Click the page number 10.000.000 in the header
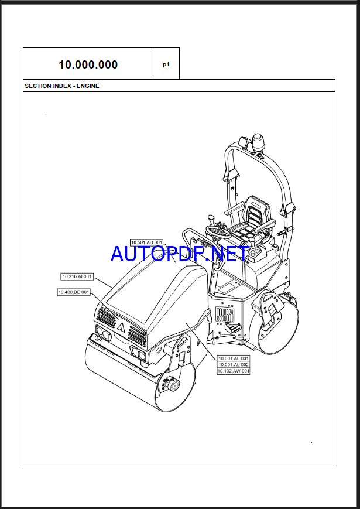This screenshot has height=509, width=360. coord(88,64)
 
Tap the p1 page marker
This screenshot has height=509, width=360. coord(166,64)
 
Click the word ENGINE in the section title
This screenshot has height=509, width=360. coord(88,86)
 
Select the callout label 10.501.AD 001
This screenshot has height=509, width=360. coord(147,242)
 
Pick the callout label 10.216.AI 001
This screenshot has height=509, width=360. coord(77,276)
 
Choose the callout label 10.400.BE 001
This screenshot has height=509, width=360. coord(74,292)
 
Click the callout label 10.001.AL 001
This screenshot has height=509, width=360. coord(234,358)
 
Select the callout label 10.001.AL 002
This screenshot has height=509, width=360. coord(234,364)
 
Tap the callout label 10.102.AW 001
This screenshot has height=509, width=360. coord(234,371)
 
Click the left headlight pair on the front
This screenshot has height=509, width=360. coord(104,334)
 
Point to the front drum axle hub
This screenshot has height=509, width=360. coord(174,385)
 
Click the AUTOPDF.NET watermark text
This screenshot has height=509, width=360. coord(180,254)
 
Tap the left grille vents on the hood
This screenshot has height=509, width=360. coord(106,318)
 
